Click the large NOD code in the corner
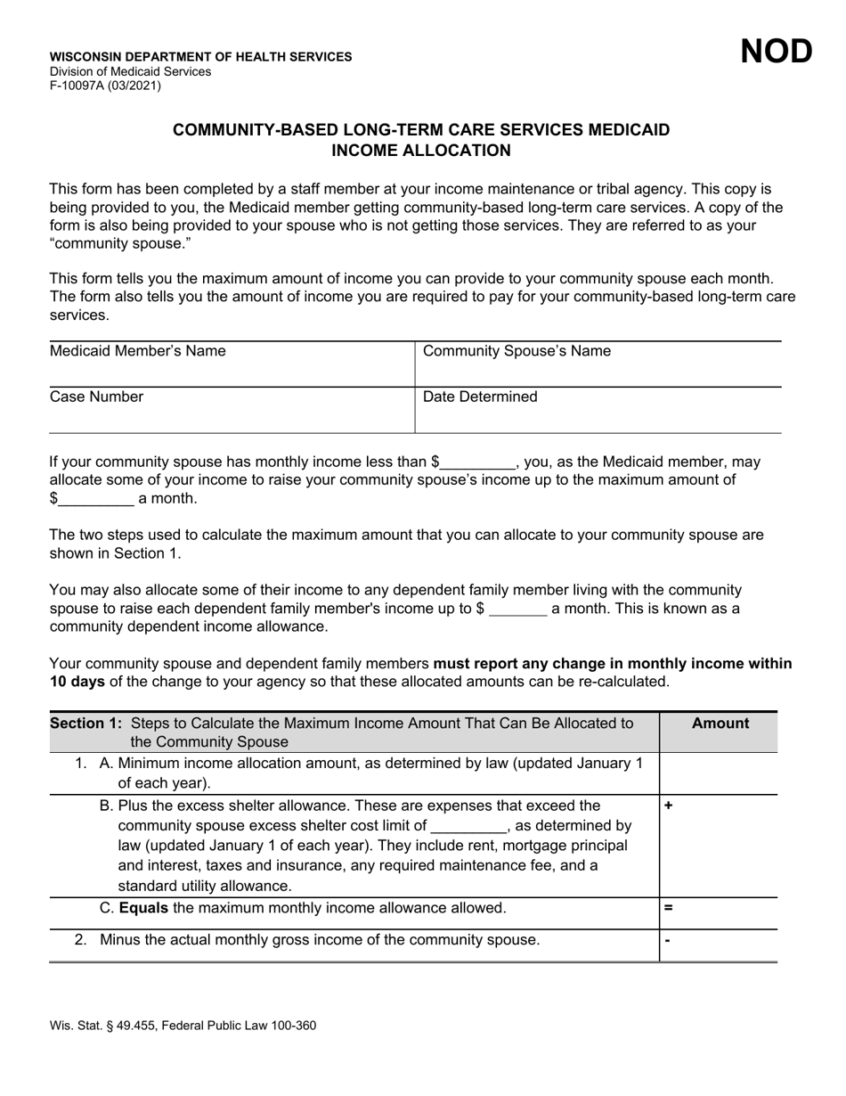[x=777, y=53]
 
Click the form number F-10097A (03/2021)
[x=105, y=86]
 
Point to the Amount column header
[x=720, y=724]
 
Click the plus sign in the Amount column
[x=669, y=806]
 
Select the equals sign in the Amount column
[x=669, y=909]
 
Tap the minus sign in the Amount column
[x=668, y=941]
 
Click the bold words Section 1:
[x=88, y=723]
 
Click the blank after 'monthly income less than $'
[x=478, y=462]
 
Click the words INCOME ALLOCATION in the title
[x=421, y=151]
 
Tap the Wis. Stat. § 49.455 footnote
[x=183, y=1026]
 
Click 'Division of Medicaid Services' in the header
[x=130, y=71]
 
